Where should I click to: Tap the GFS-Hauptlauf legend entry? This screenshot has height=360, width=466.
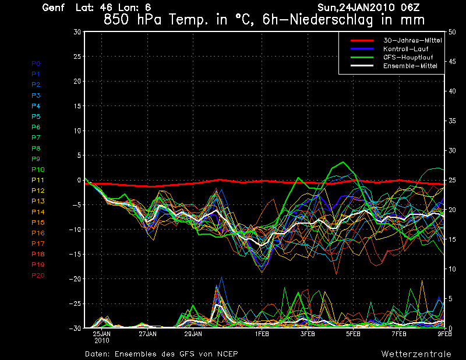pyautogui.click(x=406, y=58)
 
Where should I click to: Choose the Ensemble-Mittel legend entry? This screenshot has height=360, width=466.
pyautogui.click(x=409, y=66)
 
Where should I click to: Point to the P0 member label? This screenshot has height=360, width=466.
pyautogui.click(x=36, y=63)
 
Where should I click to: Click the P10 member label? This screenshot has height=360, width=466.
pyautogui.click(x=38, y=170)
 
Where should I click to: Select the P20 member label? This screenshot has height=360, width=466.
pyautogui.click(x=38, y=276)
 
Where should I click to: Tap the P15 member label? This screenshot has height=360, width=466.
pyautogui.click(x=38, y=223)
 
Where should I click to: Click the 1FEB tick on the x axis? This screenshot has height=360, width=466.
pyautogui.click(x=262, y=334)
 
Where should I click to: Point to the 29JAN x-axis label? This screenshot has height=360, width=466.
pyautogui.click(x=193, y=334)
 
